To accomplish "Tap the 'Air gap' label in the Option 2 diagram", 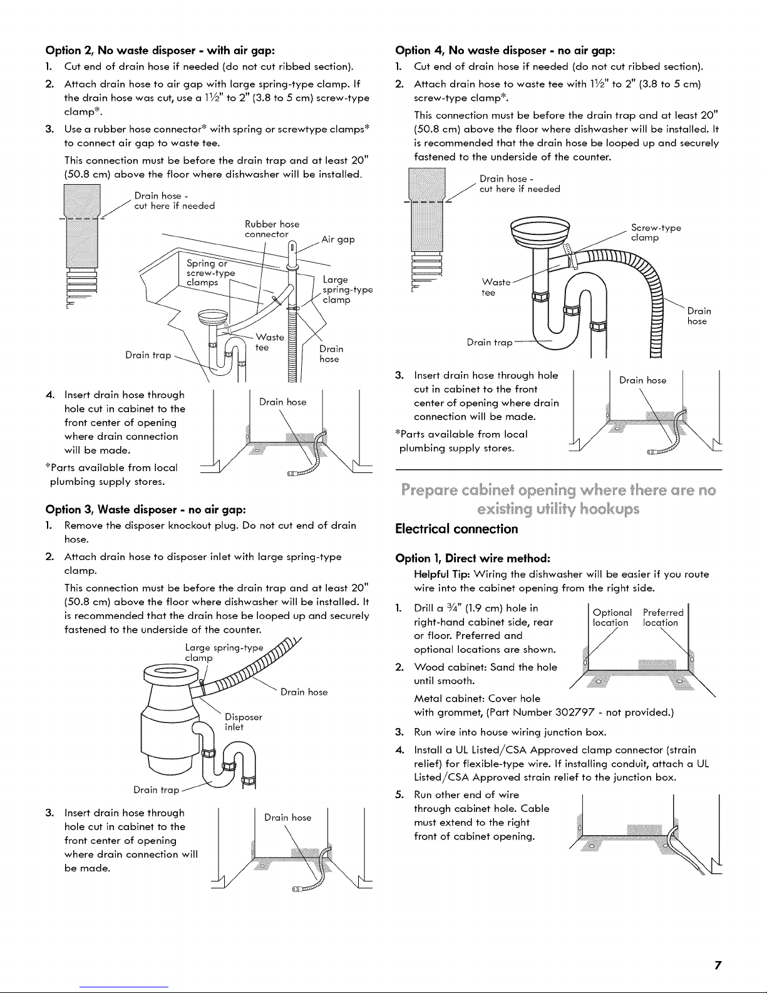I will pyautogui.click(x=337, y=239).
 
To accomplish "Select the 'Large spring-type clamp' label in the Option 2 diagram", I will pyautogui.click(x=346, y=289).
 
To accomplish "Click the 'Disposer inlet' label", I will pyautogui.click(x=243, y=722).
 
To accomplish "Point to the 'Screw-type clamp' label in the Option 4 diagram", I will pyautogui.click(x=656, y=233).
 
